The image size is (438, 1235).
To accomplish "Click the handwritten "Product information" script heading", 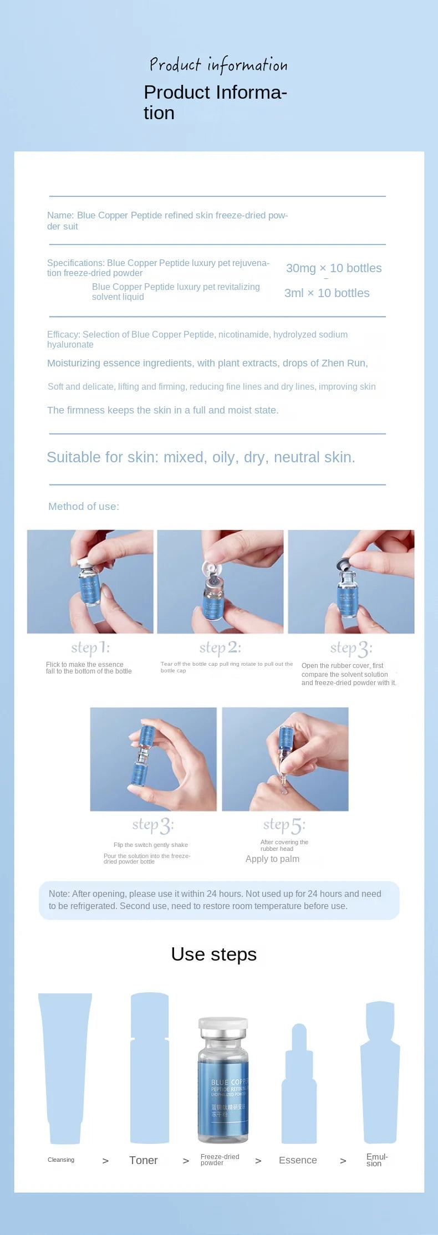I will tap(218, 65).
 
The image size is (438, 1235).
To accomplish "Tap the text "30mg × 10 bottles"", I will tap(334, 268).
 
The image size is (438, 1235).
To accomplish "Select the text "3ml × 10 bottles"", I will tap(327, 293).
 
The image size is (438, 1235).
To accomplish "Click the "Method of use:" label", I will tap(84, 506).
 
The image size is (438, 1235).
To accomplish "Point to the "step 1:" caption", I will tap(90, 647).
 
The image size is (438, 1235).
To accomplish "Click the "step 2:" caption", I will tap(220, 647).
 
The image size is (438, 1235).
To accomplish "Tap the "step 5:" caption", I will tap(284, 825).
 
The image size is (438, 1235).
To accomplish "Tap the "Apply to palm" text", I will tap(272, 859).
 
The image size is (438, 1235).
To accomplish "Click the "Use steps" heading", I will tap(214, 954).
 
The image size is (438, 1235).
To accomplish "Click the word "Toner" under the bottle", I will tap(143, 1160).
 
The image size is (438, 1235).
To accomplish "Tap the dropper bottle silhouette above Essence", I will tap(299, 1086).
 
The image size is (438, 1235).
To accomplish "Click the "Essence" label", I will tap(298, 1160).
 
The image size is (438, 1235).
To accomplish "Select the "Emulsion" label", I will tap(376, 1160).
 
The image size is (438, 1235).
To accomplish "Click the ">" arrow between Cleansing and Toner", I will tap(105, 1161).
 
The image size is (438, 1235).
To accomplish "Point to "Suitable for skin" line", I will tap(201, 457).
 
